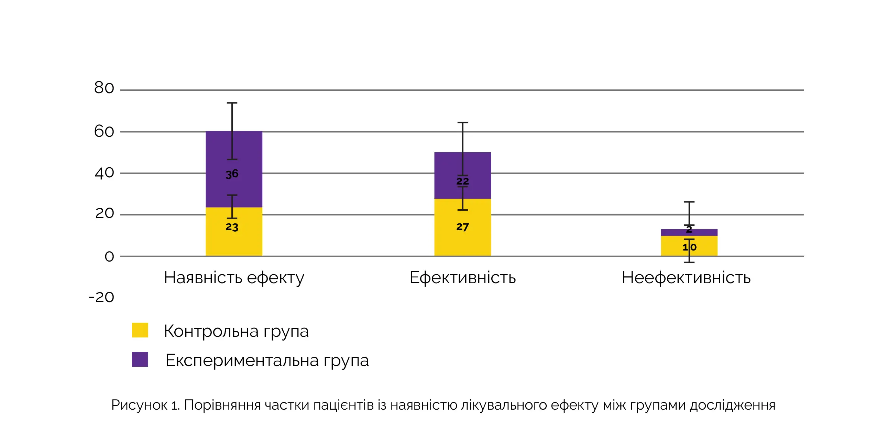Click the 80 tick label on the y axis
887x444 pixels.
click(104, 88)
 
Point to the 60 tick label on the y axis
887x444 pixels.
click(104, 132)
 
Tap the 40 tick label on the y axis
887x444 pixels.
click(104, 173)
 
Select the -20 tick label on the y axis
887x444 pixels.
click(101, 297)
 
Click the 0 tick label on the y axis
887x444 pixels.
click(109, 257)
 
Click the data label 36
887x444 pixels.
click(232, 174)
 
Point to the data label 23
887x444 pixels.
click(232, 227)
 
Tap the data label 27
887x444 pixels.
click(462, 227)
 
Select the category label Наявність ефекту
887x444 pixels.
click(234, 278)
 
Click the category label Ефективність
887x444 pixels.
click(462, 278)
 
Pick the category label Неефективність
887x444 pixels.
click(686, 278)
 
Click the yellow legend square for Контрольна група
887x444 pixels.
click(140, 330)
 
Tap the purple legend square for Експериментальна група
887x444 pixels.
click(140, 359)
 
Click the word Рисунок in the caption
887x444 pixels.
click(139, 405)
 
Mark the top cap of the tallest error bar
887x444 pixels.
click(232, 103)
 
